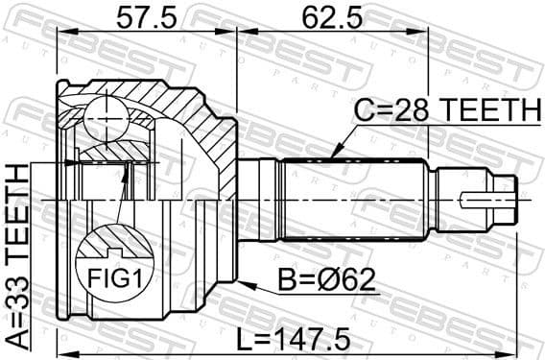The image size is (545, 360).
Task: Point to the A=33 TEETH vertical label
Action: [x=17, y=256]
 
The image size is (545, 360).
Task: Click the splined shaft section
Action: [x=350, y=200]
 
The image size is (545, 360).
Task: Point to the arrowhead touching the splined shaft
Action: [x=332, y=154]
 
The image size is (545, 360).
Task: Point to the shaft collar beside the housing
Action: [x=256, y=200]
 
